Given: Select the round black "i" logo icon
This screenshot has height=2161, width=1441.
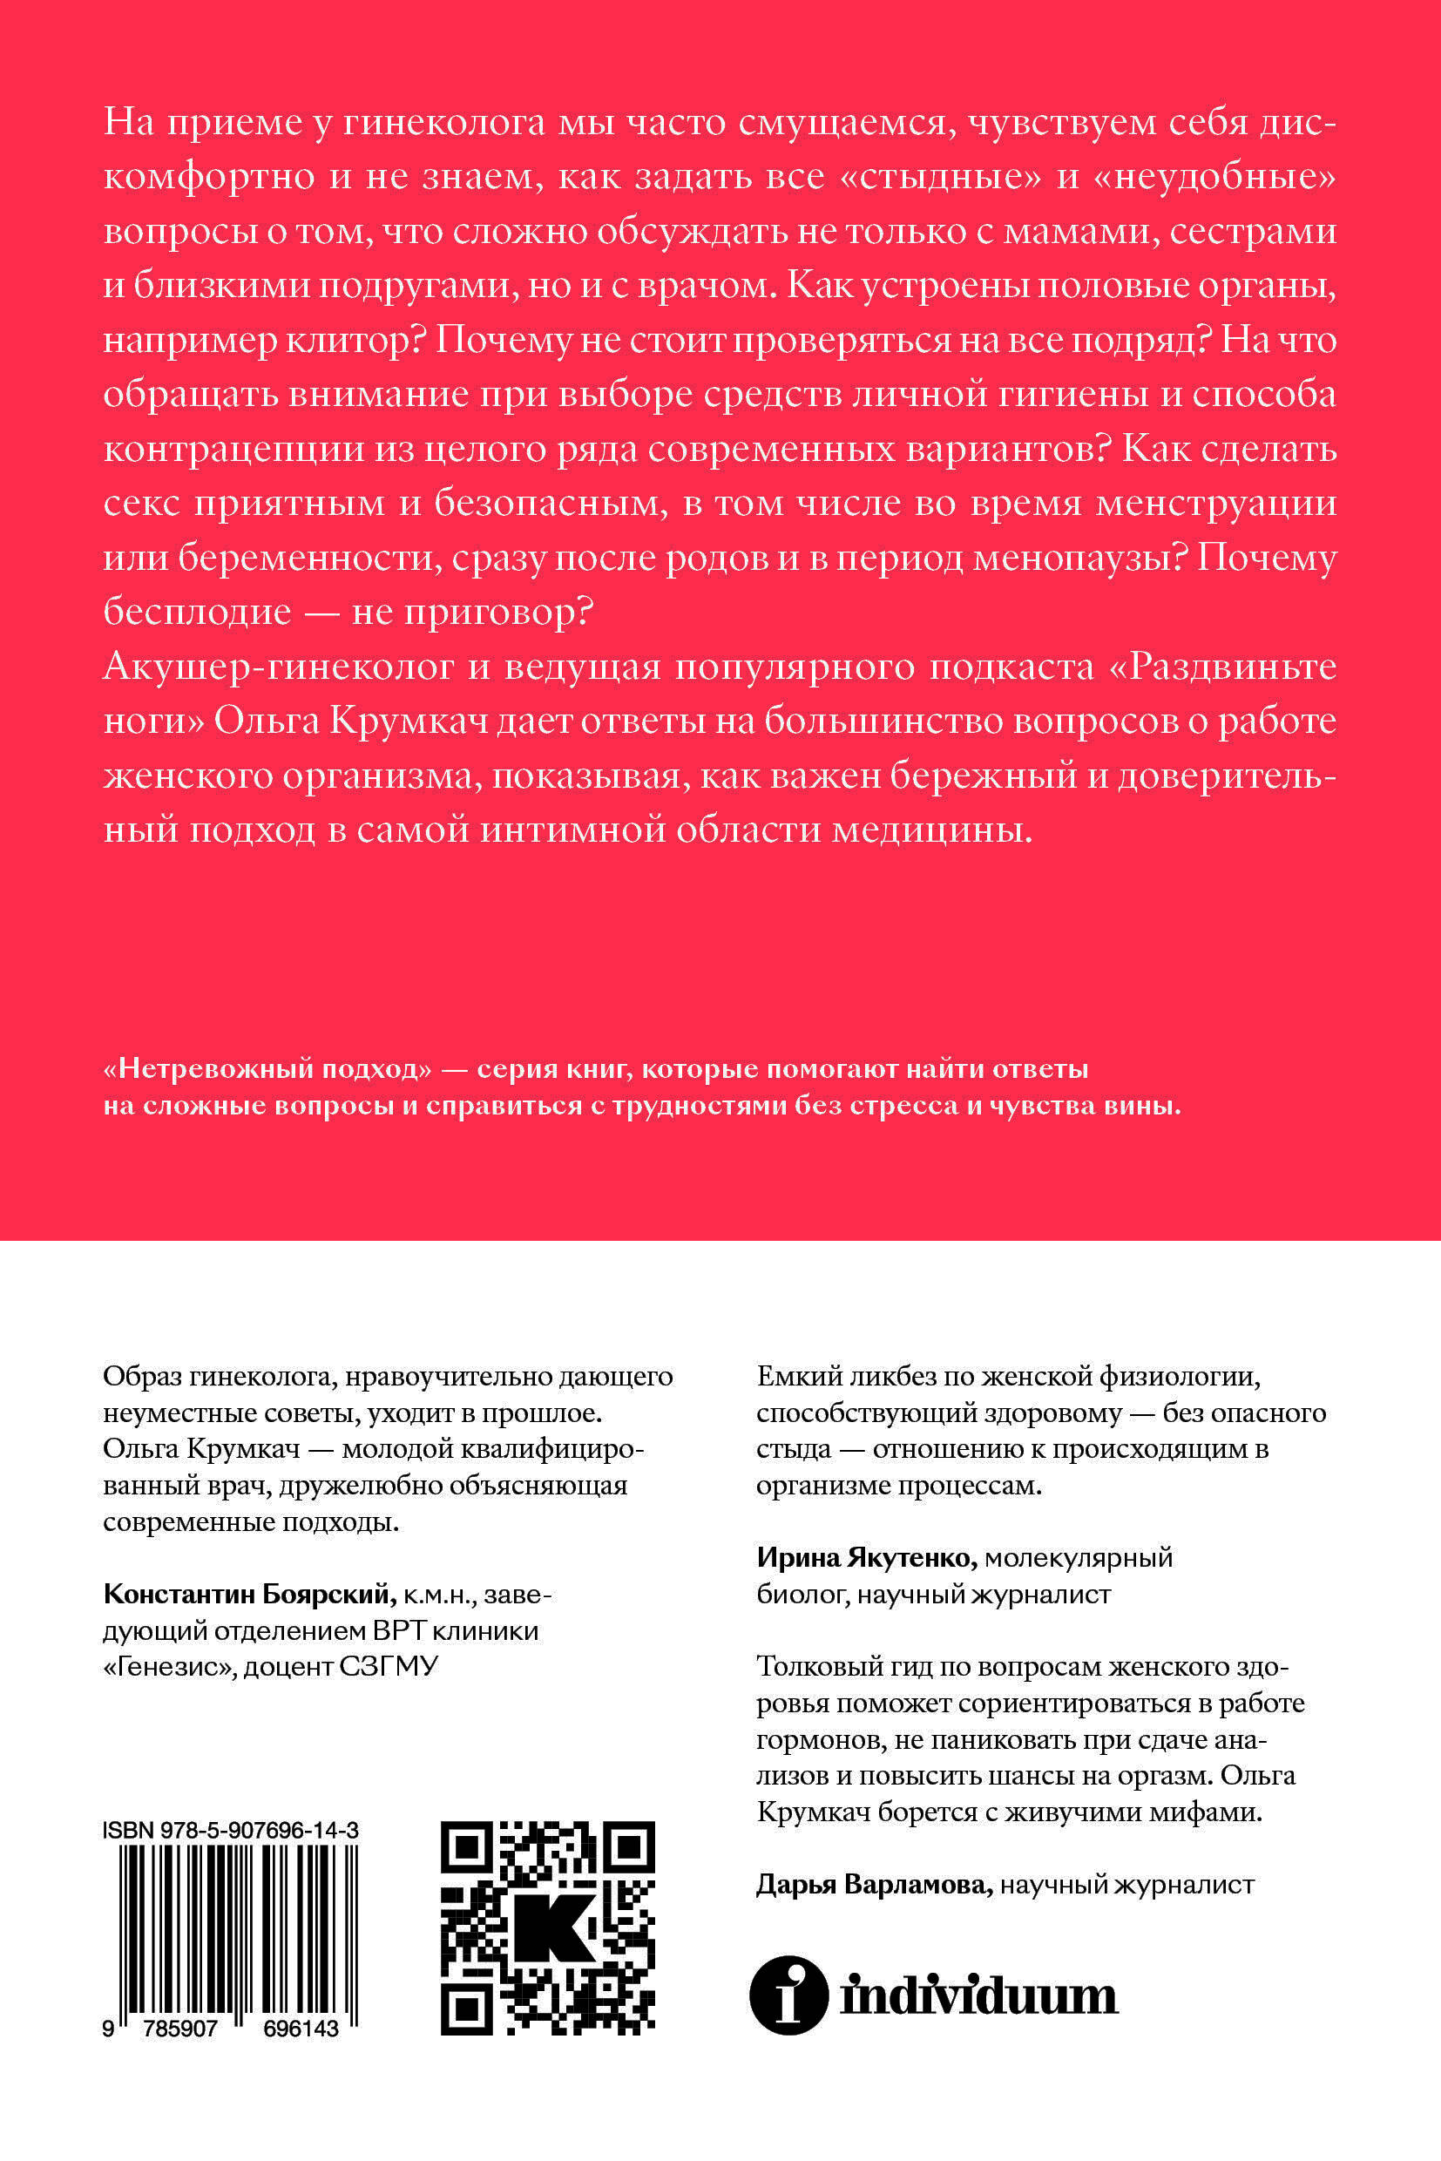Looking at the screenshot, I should [788, 1995].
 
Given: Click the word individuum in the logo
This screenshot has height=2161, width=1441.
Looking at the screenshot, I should [978, 1995].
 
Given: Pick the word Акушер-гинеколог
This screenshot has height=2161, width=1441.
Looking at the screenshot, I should [279, 667].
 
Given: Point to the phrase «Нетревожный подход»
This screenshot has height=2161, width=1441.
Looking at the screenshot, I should [267, 1068].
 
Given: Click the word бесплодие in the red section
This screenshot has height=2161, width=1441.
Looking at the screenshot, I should [197, 611].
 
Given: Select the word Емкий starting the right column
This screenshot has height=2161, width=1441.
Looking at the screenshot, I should [797, 1376].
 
